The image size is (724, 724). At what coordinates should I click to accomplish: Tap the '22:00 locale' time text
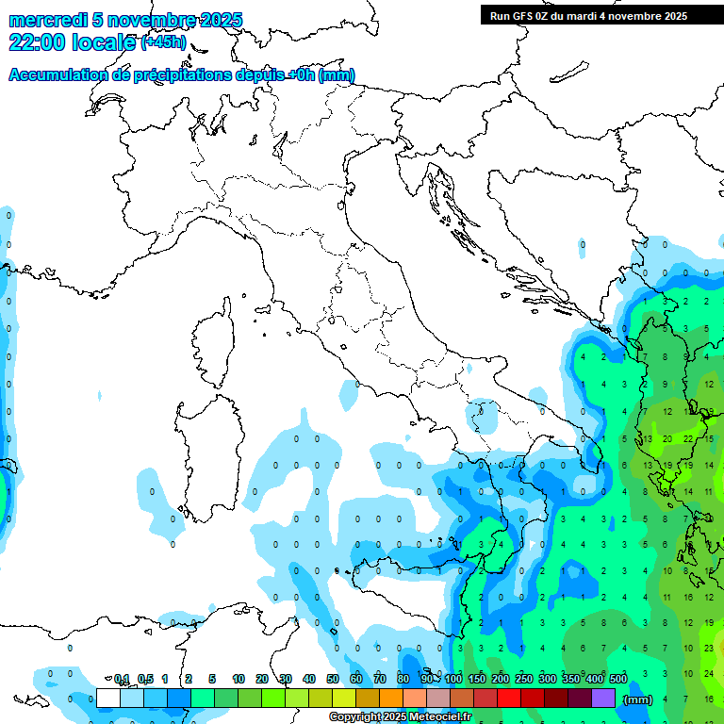[x=73, y=42]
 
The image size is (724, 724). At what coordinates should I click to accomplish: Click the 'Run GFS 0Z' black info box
[x=588, y=16]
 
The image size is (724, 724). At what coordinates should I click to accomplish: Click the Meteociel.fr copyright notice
[x=401, y=717]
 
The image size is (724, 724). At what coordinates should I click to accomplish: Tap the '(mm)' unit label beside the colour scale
[x=638, y=699]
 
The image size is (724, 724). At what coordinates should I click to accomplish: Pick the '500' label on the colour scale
[x=618, y=679]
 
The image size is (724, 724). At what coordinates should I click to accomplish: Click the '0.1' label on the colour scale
[x=122, y=679]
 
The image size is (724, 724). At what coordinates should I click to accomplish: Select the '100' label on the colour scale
[x=453, y=679]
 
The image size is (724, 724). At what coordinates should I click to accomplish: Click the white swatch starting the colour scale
[x=108, y=699]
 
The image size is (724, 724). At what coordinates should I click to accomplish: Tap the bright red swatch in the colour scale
[x=509, y=699]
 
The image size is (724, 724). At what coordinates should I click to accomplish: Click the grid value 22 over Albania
[x=688, y=438]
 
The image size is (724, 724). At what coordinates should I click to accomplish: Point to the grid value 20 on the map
[x=666, y=438]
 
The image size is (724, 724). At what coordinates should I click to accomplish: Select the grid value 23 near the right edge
[x=709, y=648]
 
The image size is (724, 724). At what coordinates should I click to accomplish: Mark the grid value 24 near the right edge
[x=709, y=673]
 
